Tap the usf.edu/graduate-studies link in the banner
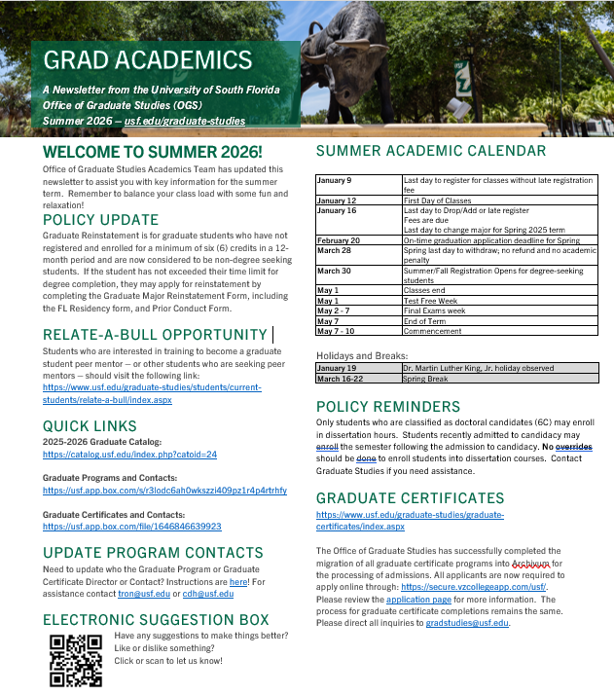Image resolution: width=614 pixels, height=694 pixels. coord(185,121)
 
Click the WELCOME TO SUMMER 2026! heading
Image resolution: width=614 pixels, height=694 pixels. coord(153,153)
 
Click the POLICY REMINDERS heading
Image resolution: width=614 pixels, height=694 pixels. coord(396,406)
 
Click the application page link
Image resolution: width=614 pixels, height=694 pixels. coord(417,600)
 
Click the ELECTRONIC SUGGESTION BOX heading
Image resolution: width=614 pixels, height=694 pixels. coord(156,619)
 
